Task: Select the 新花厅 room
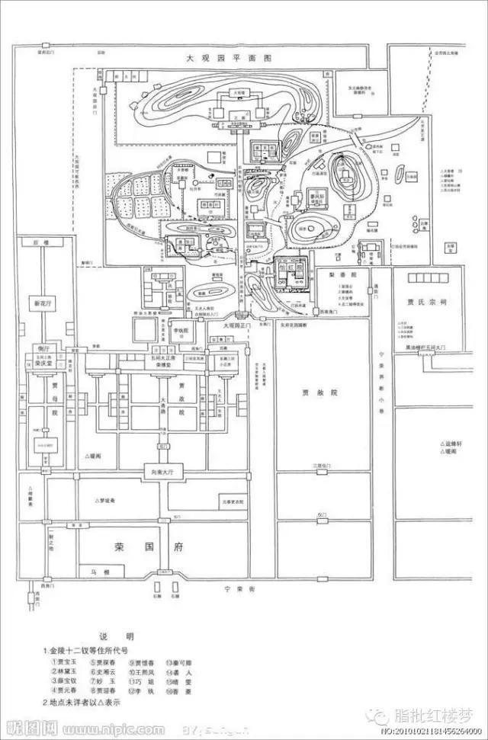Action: click(x=40, y=303)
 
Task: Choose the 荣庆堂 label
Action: click(x=43, y=364)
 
